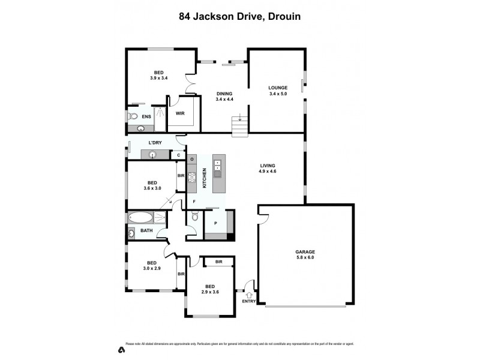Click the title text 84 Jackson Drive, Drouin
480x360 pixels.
coord(240,17)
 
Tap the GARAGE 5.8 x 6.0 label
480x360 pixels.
coord(305,254)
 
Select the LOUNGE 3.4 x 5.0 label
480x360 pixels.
coord(278,91)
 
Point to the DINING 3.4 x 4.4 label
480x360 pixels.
coord(224,97)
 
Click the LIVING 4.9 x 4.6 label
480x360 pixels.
coord(268,169)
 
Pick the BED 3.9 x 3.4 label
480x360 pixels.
coord(158,74)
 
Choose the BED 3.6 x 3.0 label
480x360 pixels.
coord(152,185)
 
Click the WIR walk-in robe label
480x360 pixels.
coord(180,113)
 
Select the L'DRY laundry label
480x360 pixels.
coord(155,142)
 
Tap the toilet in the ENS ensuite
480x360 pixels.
coord(133,116)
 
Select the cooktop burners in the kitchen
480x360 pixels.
coord(193,178)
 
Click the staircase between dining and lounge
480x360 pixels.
coord(239,127)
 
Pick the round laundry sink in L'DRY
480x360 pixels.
coord(153,155)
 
